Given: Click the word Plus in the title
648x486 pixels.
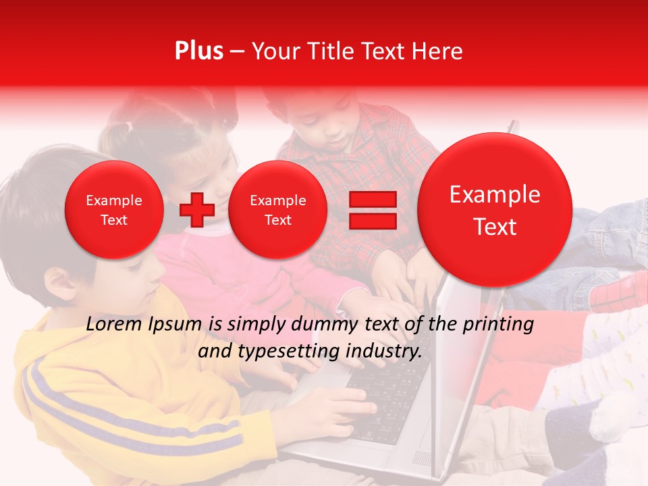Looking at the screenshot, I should click(x=198, y=51).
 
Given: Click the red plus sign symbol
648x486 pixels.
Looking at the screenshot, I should click(x=196, y=210).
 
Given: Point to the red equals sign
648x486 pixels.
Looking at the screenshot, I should click(x=372, y=210).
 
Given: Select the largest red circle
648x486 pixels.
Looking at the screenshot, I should click(x=495, y=210).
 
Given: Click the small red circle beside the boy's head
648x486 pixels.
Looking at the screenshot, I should click(x=113, y=210).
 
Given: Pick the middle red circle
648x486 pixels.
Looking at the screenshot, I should click(x=277, y=210).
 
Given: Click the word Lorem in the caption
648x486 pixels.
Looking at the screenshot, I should click(x=113, y=325).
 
